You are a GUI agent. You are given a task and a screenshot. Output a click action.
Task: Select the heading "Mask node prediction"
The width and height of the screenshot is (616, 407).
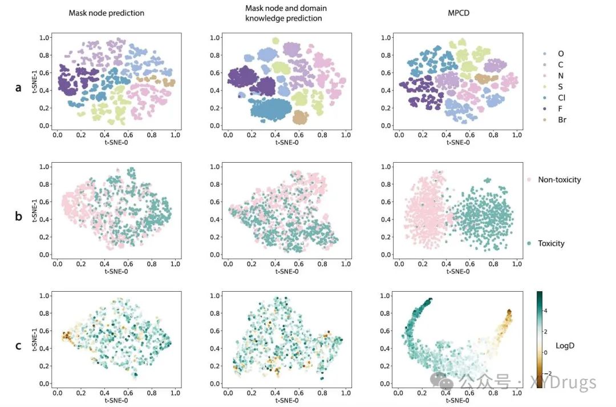coord(106,13)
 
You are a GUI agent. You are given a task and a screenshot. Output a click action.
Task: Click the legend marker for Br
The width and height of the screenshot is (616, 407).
coord(545,120)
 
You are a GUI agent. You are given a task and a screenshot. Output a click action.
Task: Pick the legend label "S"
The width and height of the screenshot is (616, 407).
coord(561,87)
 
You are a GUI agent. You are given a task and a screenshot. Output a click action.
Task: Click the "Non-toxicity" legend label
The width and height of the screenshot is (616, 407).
coord(559,180)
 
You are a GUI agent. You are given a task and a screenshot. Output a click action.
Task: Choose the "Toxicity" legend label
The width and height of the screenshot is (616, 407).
coord(551,243)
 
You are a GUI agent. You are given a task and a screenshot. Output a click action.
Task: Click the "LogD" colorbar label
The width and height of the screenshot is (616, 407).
coord(573,346)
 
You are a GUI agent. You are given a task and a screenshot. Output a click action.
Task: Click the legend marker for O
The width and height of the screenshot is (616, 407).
coord(545,54)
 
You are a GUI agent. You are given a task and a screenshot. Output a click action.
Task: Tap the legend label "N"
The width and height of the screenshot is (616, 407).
coord(561,75)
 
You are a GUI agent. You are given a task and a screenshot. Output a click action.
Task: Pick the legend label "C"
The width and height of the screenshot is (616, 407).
coord(561,65)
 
